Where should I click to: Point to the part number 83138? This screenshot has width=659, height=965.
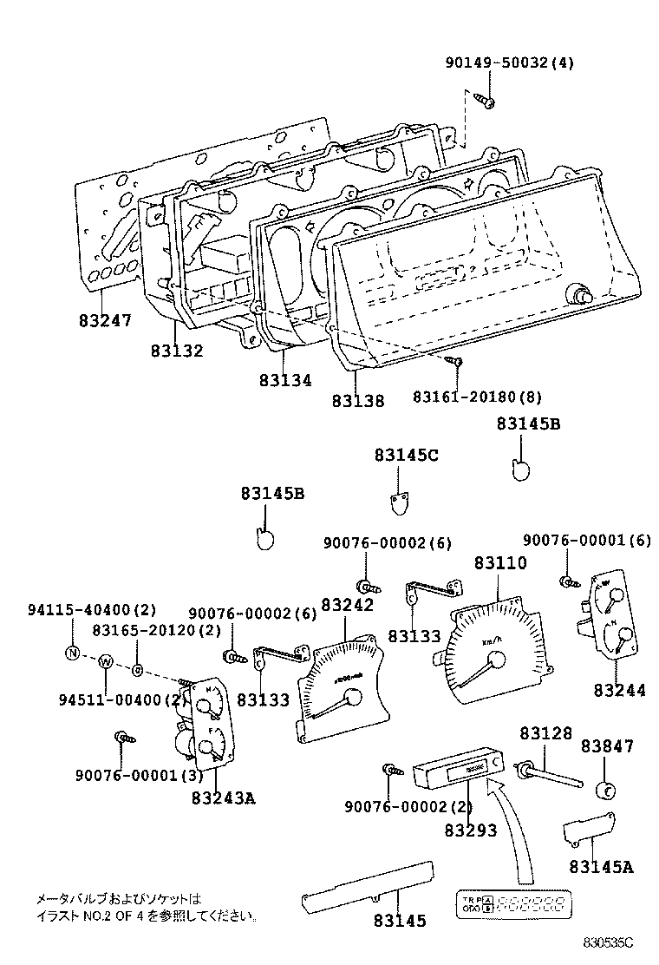[x=357, y=400]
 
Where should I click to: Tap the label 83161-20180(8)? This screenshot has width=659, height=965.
[x=477, y=397]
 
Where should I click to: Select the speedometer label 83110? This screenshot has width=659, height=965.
[x=499, y=563]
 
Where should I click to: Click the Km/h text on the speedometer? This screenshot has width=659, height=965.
[x=492, y=642]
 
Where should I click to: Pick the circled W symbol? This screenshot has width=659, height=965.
[x=104, y=662]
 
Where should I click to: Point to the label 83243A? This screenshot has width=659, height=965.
[x=223, y=798]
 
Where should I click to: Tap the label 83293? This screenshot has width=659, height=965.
[x=471, y=830]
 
